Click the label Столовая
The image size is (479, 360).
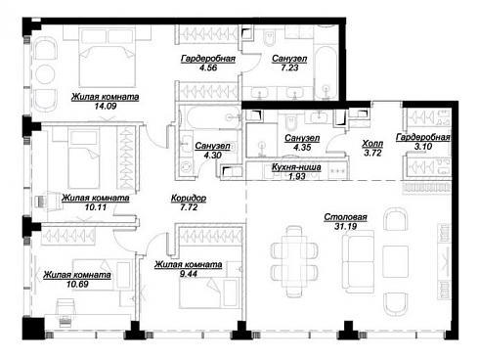click(x=345, y=217)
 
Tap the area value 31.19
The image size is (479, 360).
click(x=345, y=226)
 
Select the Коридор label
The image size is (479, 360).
click(x=189, y=198)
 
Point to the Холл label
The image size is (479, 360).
click(x=372, y=143)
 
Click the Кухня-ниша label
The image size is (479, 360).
click(x=296, y=167)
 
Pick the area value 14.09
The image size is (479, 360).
click(x=106, y=106)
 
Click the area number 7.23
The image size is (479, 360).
click(x=289, y=67)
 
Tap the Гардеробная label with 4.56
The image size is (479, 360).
click(x=208, y=59)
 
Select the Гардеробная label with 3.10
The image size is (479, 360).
click(x=423, y=137)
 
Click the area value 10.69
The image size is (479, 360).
click(x=77, y=284)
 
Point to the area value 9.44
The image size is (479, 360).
click(x=189, y=273)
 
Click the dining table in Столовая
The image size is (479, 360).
click(x=294, y=257)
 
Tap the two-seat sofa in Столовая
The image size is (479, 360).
click(x=358, y=262)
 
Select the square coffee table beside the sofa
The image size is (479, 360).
click(x=396, y=261)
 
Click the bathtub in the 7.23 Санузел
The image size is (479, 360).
click(x=326, y=73)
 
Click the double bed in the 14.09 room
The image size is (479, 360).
click(x=108, y=58)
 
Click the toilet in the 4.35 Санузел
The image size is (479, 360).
click(x=290, y=120)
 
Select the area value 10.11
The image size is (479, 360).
click(x=96, y=207)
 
